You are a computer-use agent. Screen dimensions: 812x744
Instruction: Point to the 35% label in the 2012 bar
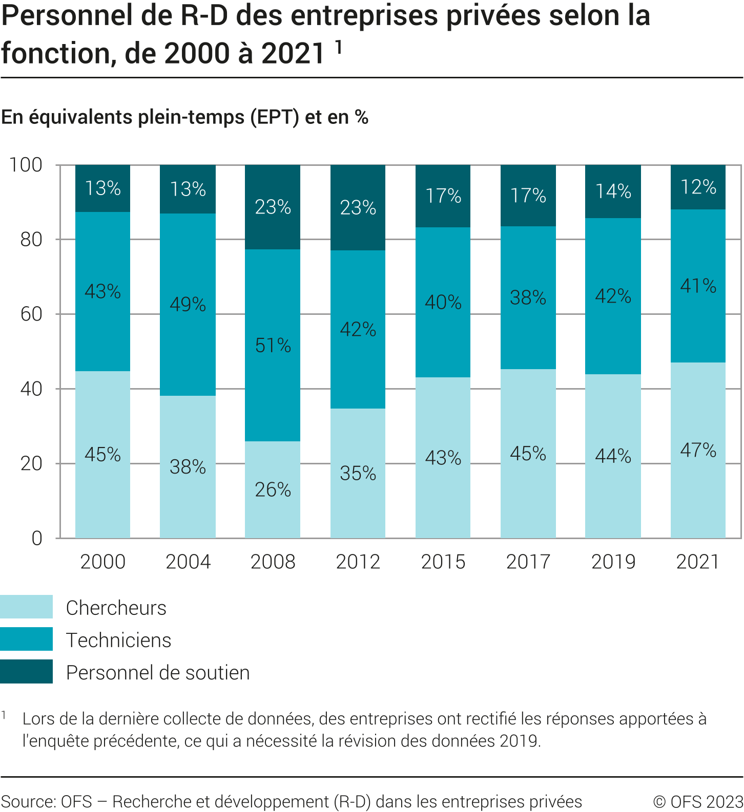pos(358,474)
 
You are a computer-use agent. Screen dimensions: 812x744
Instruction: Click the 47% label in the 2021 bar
pos(698,450)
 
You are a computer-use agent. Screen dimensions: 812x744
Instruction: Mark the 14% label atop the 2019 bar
pos(613,191)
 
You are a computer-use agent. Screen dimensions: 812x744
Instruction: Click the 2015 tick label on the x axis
pos(443,562)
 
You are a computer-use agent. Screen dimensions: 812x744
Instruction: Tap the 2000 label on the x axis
pos(102,562)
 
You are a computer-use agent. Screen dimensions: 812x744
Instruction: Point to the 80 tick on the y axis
pos(31,239)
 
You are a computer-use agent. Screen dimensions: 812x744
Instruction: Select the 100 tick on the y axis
pos(26,165)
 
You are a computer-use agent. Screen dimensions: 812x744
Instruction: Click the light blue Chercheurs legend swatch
pos(26,607)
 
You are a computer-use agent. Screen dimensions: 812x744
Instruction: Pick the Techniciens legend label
pos(118,640)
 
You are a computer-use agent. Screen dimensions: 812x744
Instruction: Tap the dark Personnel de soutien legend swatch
pos(26,671)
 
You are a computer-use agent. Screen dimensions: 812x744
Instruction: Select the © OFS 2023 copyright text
pos(698,801)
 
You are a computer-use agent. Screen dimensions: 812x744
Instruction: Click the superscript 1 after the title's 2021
pos(338,47)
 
